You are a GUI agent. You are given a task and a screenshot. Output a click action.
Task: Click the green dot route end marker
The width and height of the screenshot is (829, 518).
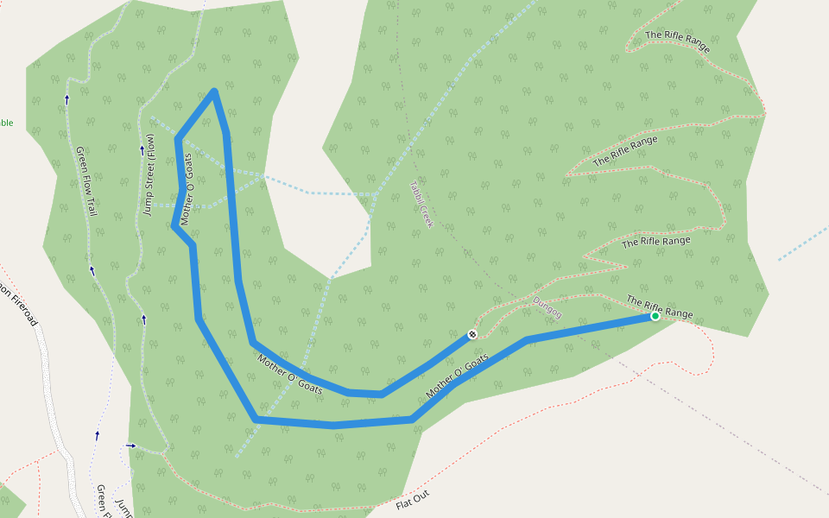tap(655, 317)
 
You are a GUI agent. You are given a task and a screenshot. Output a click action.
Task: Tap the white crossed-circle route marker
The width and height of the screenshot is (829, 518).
tap(472, 334)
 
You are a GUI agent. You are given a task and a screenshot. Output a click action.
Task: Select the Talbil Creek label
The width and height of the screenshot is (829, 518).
tap(420, 204)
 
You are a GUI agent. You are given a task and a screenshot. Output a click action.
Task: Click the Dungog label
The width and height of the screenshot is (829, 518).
tap(547, 307)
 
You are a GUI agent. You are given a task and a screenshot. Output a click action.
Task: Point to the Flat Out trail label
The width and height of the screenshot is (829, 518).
tap(412, 498)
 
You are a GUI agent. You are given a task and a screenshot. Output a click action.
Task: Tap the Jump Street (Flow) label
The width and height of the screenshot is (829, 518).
tap(149, 175)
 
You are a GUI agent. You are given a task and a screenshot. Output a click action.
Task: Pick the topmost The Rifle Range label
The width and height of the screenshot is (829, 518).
tap(678, 42)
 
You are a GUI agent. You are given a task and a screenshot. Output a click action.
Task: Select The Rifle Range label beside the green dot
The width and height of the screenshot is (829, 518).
tap(659, 306)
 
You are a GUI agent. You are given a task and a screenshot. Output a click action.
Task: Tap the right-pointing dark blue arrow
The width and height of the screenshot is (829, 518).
tap(130, 445)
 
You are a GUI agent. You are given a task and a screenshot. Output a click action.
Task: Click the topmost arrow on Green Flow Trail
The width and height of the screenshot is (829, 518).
tap(66, 100)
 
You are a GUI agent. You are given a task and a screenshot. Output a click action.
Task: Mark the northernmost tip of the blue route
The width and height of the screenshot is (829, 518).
tap(213, 91)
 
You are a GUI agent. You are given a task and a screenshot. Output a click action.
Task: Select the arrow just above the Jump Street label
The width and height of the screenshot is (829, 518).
tap(142, 150)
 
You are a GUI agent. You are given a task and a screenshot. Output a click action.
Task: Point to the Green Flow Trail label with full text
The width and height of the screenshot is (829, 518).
tap(86, 180)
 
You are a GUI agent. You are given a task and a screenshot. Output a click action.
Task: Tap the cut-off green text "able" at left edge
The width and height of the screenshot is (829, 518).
tap(6, 123)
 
